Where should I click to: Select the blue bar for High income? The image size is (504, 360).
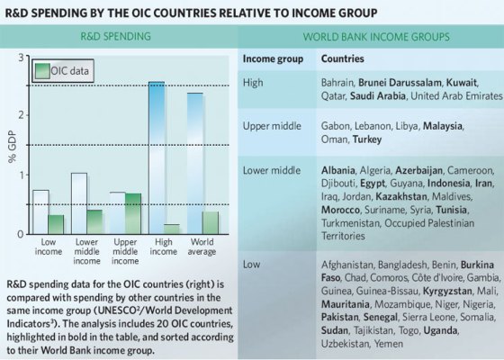point(157,157)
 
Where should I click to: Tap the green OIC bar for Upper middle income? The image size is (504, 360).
point(133,213)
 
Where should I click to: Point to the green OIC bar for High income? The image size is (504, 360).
point(172,229)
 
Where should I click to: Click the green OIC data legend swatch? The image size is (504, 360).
point(41,70)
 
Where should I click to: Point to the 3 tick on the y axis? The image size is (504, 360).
point(24,58)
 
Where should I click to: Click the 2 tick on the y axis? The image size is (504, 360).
point(24,116)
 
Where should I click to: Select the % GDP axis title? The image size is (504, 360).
point(12,144)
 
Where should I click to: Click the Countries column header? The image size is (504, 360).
point(345,58)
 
